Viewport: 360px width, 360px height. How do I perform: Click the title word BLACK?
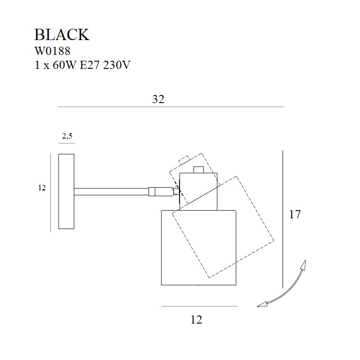click(62, 35)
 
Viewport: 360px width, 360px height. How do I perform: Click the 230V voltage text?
click(117, 65)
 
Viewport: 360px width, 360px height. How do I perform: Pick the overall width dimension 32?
click(158, 100)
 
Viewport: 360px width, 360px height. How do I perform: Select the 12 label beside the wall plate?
click(42, 188)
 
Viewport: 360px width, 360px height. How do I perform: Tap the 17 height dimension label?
click(294, 214)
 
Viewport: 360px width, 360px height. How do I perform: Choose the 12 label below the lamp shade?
click(196, 319)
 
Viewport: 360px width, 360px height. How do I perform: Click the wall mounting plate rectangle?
click(66, 191)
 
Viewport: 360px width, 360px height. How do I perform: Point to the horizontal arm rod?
click(111, 192)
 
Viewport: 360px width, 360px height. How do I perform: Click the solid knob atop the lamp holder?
click(198, 170)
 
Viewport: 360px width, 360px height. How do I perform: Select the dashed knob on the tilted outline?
click(184, 160)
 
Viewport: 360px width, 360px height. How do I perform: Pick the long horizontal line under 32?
click(171, 107)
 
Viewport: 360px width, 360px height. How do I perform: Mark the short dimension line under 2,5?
click(67, 144)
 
